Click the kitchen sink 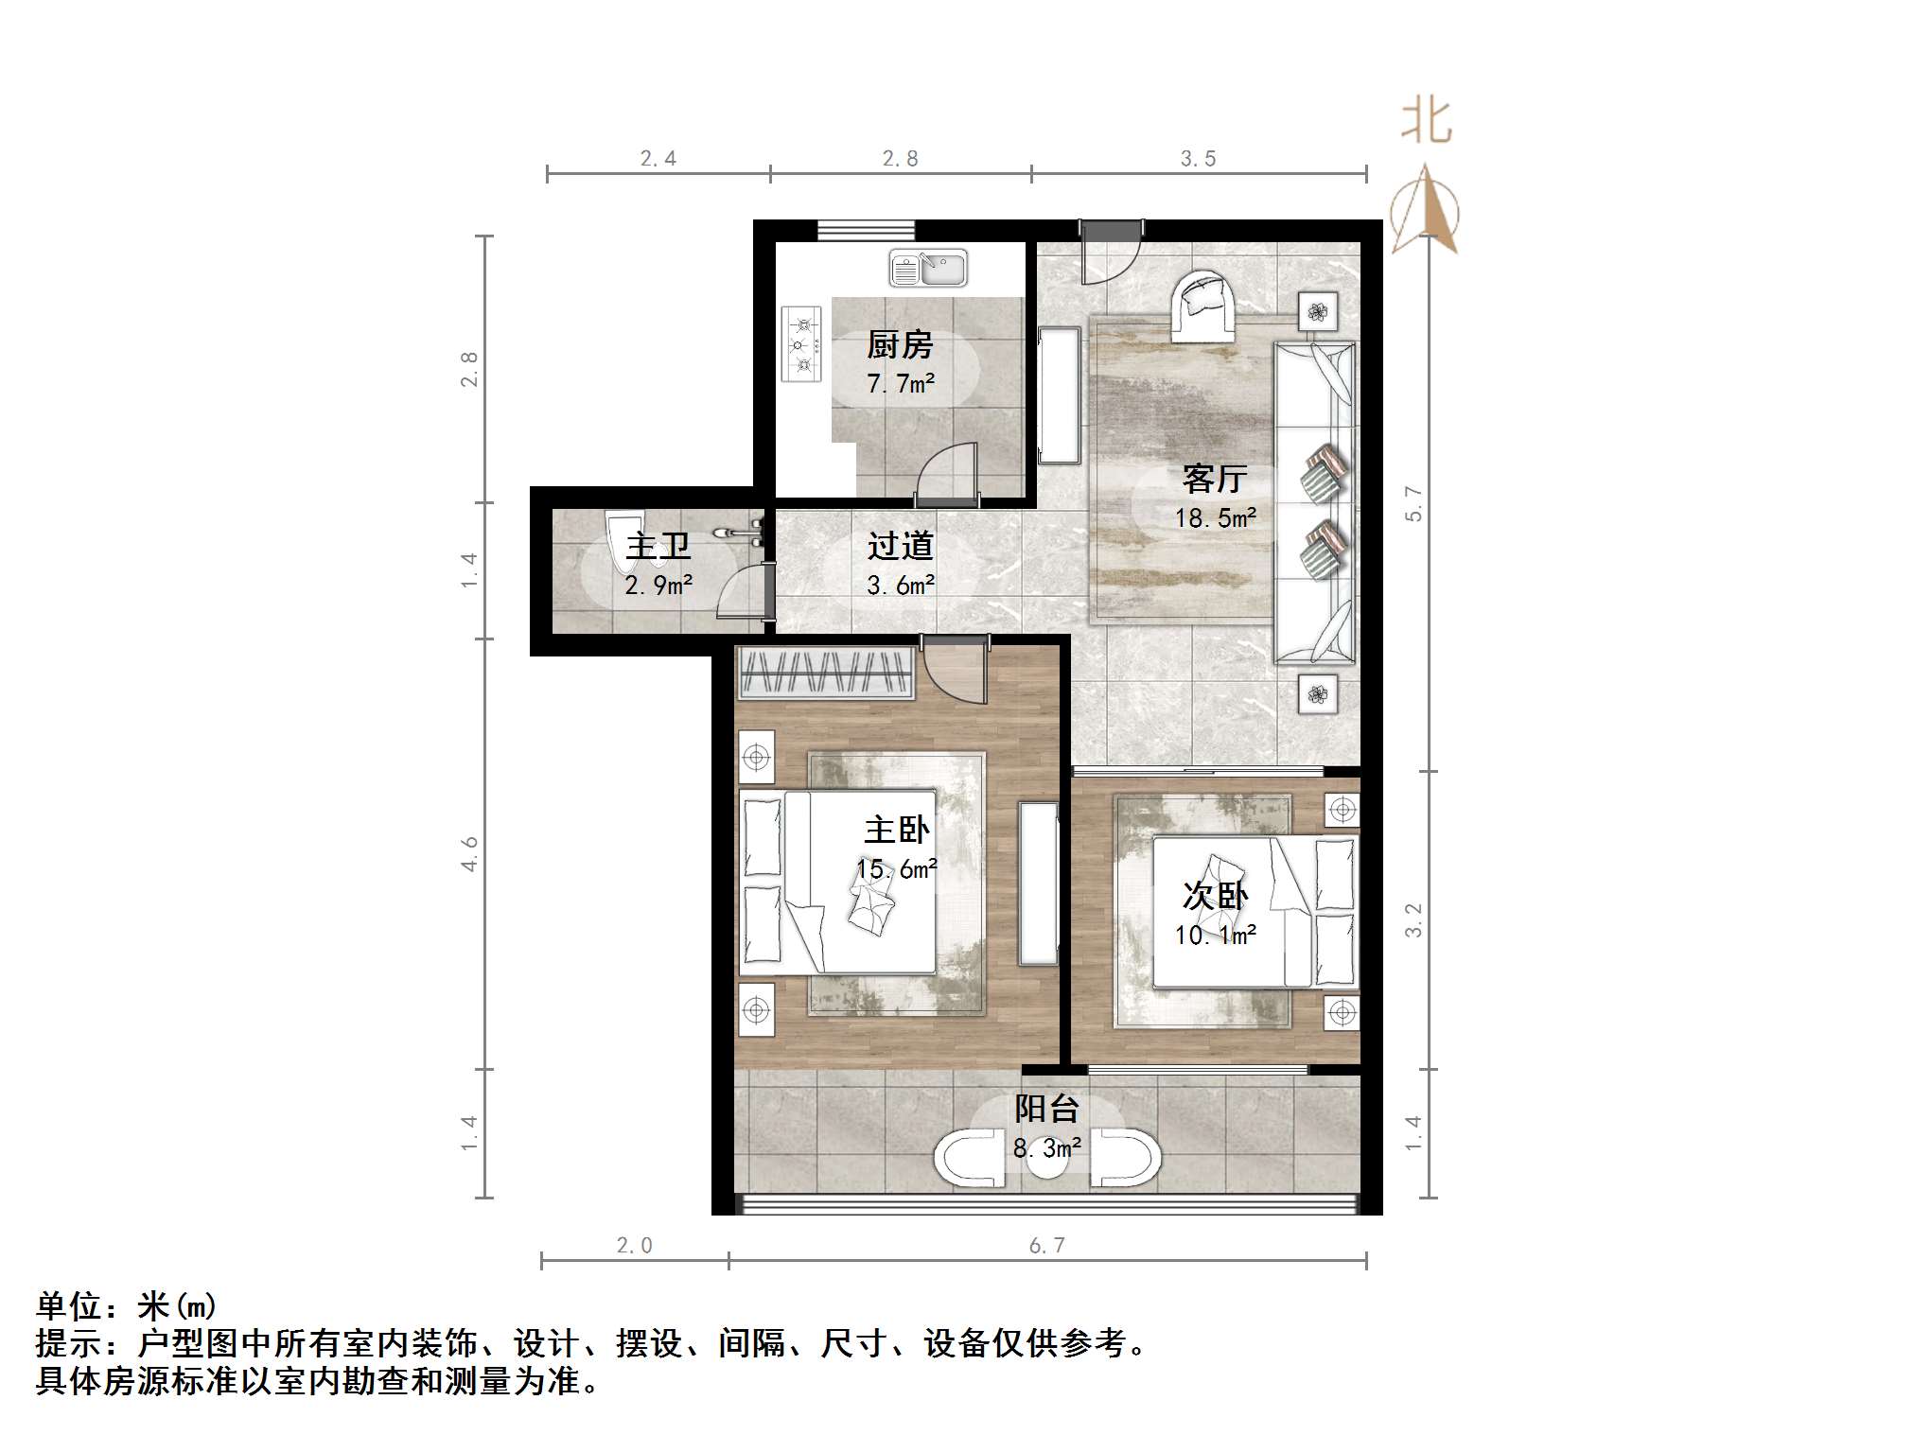928,269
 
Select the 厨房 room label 900,345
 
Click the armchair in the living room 1202,305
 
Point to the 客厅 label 1215,479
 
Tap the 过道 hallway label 900,546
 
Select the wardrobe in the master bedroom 825,673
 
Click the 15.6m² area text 897,868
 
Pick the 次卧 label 1215,895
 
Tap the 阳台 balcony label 1046,1109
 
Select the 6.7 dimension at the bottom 1047,1245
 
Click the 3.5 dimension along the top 1198,159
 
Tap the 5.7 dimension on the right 1413,503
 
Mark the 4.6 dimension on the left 469,854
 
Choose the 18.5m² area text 1216,517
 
